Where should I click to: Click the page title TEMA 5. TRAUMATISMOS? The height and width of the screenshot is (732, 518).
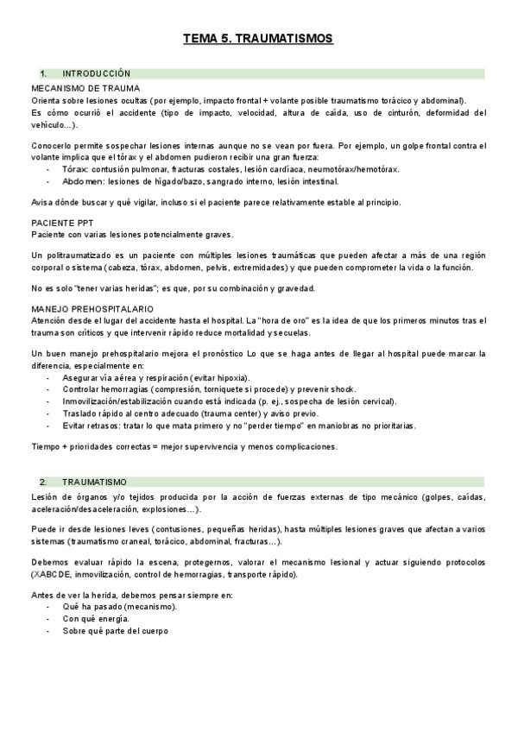pos(258,40)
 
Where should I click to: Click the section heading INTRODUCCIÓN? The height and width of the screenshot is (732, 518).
pos(96,74)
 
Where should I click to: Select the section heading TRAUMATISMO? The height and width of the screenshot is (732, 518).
pos(94,481)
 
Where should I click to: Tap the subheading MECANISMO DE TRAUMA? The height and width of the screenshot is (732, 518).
pos(85,89)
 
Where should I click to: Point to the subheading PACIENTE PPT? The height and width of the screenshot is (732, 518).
pos(62,223)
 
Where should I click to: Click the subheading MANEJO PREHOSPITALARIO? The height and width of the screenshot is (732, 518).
pos(92,308)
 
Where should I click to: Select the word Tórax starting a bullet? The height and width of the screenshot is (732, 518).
pos(76,170)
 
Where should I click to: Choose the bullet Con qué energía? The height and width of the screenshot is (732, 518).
pos(96,619)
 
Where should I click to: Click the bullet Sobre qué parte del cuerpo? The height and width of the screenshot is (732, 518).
pos(115,631)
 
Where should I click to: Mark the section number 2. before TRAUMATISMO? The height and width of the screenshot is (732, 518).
pos(42,481)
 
